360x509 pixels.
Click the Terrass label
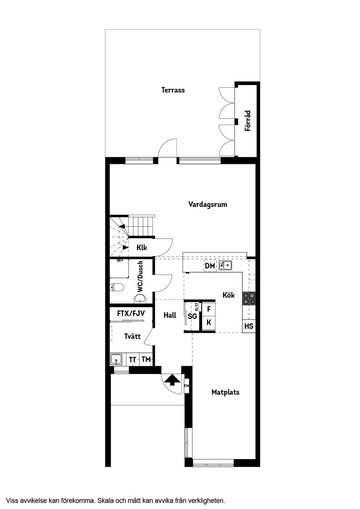click(173, 90)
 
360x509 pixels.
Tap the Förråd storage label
click(247, 120)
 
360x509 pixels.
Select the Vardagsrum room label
click(207, 204)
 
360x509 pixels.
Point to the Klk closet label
click(142, 248)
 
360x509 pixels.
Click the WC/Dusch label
click(140, 277)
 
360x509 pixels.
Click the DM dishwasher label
click(210, 266)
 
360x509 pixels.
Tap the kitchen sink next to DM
click(226, 266)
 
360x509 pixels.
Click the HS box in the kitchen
click(249, 326)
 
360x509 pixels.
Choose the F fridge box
click(208, 309)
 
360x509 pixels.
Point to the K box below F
click(208, 322)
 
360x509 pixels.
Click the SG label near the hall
click(192, 316)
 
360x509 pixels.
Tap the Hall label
click(170, 315)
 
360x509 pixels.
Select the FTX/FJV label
click(131, 313)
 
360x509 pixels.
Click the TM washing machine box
click(146, 359)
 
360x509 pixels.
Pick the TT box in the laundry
click(133, 359)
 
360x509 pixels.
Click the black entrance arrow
click(172, 380)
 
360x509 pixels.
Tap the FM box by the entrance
click(186, 385)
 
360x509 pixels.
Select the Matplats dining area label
click(225, 392)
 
